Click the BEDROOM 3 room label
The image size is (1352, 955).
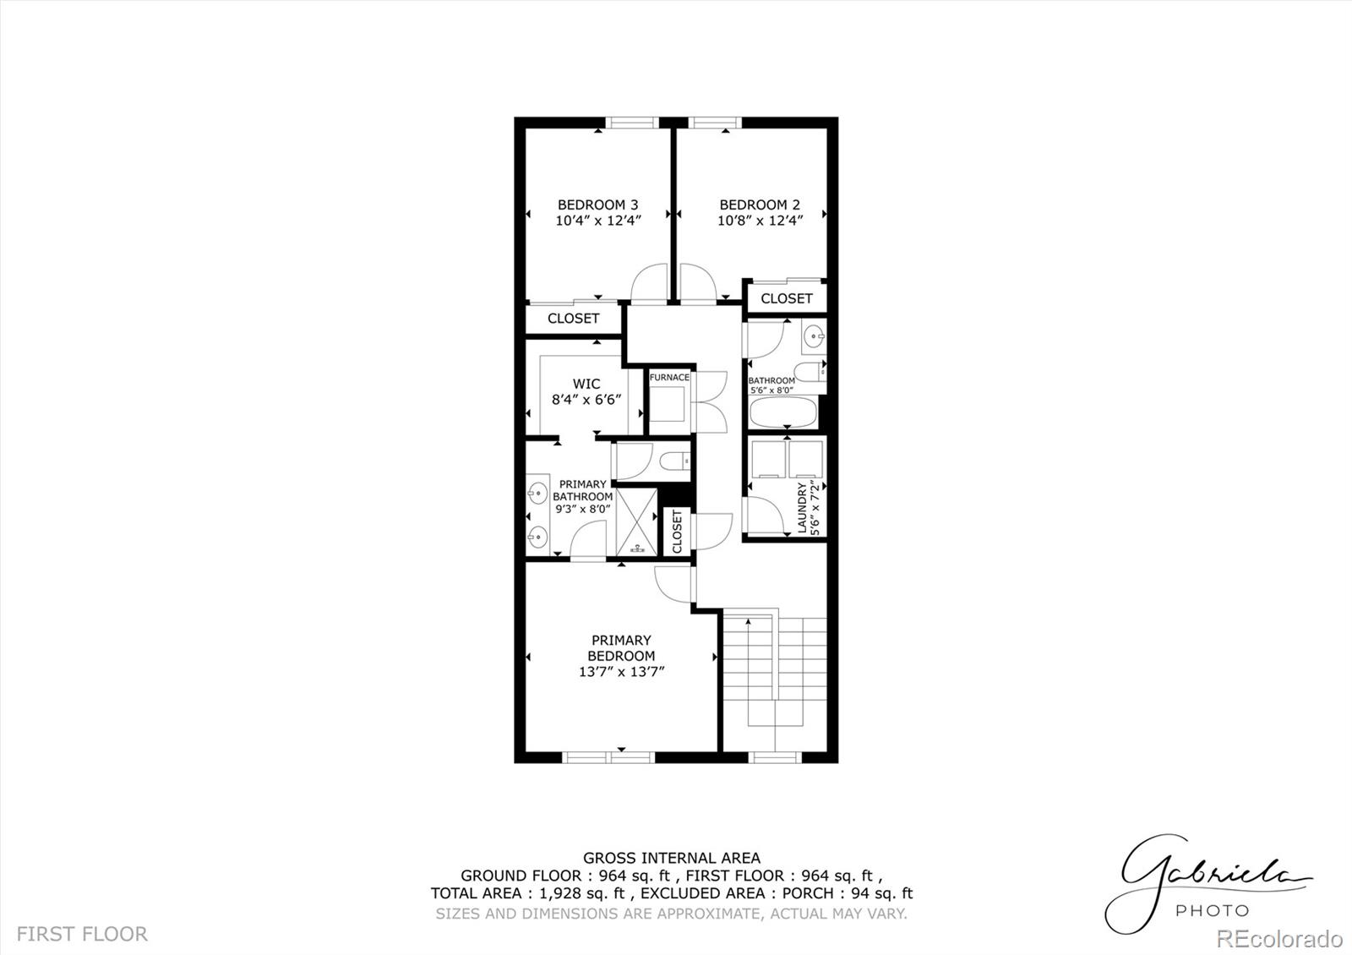[x=597, y=205]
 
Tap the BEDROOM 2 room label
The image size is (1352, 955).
[x=760, y=205]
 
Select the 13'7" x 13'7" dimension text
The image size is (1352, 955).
[x=622, y=672]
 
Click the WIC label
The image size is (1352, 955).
[x=586, y=384]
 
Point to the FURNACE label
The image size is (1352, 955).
[x=669, y=377]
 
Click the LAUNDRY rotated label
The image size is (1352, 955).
[x=803, y=509]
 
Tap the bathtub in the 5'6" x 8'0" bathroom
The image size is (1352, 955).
[x=783, y=414]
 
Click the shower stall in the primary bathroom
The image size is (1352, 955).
[x=636, y=521]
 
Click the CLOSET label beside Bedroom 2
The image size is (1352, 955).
[x=786, y=298]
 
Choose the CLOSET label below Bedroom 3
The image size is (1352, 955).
[x=573, y=319]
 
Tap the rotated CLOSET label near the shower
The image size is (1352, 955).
[x=677, y=532]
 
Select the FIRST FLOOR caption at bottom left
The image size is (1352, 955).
[x=82, y=934]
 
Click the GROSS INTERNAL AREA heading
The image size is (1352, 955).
[x=671, y=858]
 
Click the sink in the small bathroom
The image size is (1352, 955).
[x=815, y=336]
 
